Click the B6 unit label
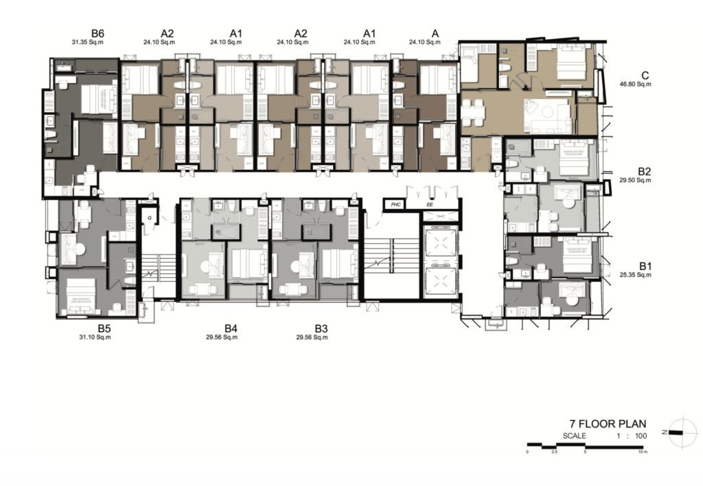[x=97, y=33]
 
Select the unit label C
[x=645, y=76]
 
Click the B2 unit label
[x=645, y=171]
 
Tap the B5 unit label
[x=104, y=328]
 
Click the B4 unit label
[x=231, y=329]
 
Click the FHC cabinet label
[x=395, y=205]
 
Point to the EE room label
[x=430, y=205]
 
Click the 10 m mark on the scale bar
[x=642, y=452]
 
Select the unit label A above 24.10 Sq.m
[x=435, y=33]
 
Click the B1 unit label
[x=645, y=265]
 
